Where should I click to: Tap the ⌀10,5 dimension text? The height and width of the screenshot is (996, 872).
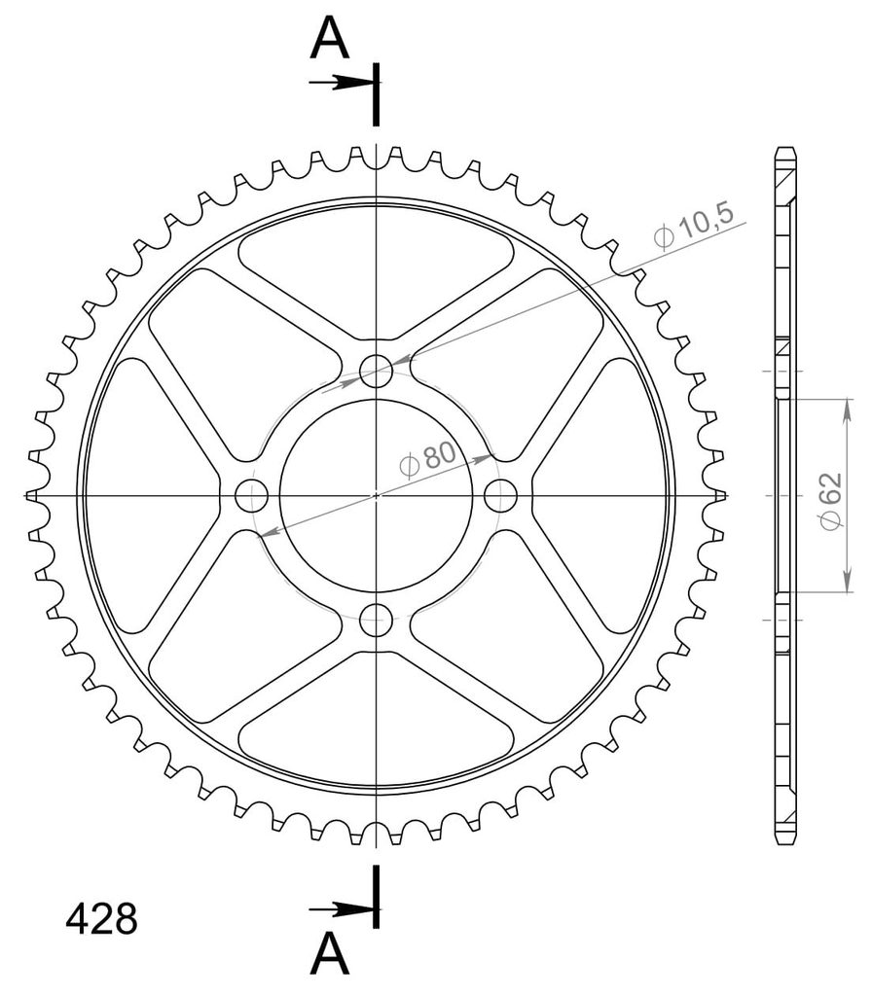[x=693, y=226]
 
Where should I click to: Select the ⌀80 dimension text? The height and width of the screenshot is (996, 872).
[x=428, y=459]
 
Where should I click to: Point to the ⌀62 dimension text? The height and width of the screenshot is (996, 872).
[x=831, y=501]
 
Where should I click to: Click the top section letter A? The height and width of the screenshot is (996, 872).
[x=329, y=38]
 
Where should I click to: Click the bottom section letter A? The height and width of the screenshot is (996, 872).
[x=329, y=953]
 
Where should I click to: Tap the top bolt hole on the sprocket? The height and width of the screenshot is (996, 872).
[x=377, y=371]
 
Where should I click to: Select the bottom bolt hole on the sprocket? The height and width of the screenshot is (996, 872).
[x=377, y=620]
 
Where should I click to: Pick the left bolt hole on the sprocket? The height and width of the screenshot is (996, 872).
[x=252, y=495]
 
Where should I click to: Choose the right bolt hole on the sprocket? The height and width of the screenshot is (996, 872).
[x=501, y=495]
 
